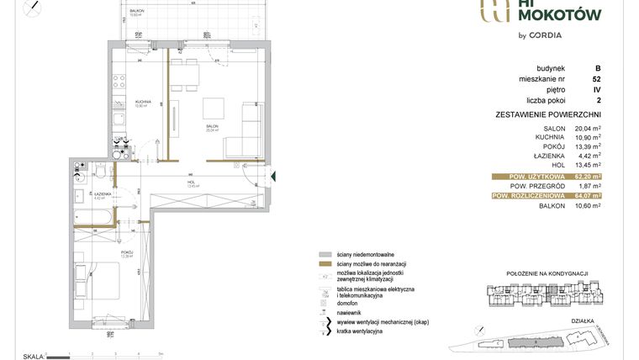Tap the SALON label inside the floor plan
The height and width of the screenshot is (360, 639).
click(212, 127)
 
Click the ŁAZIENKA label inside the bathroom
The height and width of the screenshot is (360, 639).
click(104, 193)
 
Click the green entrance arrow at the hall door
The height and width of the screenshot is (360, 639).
click(274, 177)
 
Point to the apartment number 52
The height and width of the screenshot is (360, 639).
click(596, 80)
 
